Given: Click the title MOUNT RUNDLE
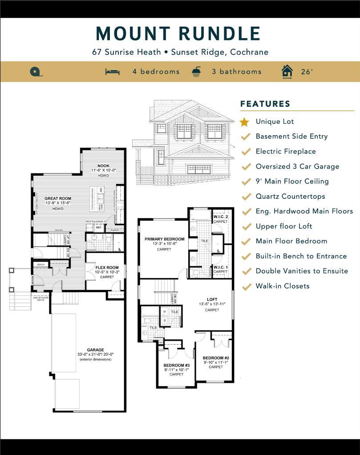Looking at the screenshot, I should pos(178,34).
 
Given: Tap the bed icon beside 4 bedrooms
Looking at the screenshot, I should pos(113,72).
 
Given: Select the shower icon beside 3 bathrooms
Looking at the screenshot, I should pos(196,72).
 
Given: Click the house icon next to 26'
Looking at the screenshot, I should pos(287,72).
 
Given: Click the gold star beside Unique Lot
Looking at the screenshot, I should pos(244,122).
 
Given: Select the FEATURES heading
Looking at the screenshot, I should pos(265,104).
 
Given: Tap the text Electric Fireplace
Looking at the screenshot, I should pos(286,152).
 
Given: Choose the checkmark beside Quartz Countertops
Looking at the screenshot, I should pos(245,197).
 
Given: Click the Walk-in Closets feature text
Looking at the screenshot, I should pos(282,286).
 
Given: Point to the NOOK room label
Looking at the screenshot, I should pos(103,166).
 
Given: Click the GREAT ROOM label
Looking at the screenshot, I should pos(57,199).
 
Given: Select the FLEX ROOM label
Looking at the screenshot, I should pos(107,268).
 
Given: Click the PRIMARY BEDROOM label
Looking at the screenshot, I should pos(164,239).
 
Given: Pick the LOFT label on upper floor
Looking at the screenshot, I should pos(212,299).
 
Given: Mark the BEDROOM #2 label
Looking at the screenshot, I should pos(216,358).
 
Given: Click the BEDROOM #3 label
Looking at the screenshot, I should pos(177,365).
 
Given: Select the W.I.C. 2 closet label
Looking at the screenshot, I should pos(220,217).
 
